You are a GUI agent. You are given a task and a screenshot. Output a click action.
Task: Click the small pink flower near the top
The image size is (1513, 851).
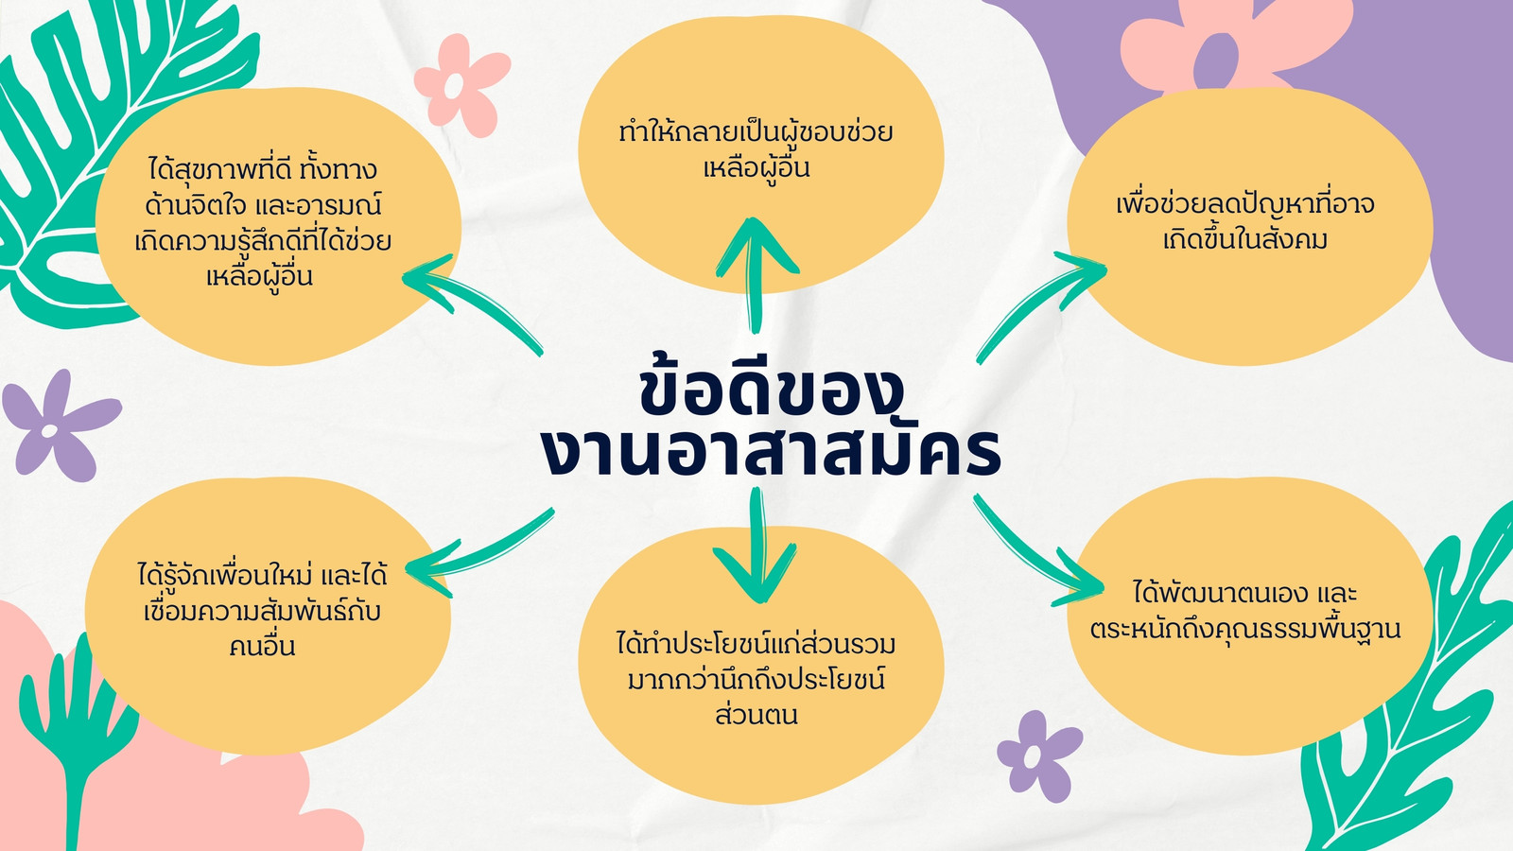[461, 85]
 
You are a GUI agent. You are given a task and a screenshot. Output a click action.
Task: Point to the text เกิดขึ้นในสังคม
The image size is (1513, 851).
[1244, 239]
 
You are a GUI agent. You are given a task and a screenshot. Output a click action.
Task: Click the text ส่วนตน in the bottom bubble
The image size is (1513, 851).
[756, 715]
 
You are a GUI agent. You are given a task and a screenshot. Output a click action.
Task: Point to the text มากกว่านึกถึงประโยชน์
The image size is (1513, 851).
[756, 679]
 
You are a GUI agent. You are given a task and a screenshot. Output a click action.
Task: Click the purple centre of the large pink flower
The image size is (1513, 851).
[1216, 61]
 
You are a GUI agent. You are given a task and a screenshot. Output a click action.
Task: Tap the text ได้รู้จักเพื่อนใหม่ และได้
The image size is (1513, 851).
[262, 576]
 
